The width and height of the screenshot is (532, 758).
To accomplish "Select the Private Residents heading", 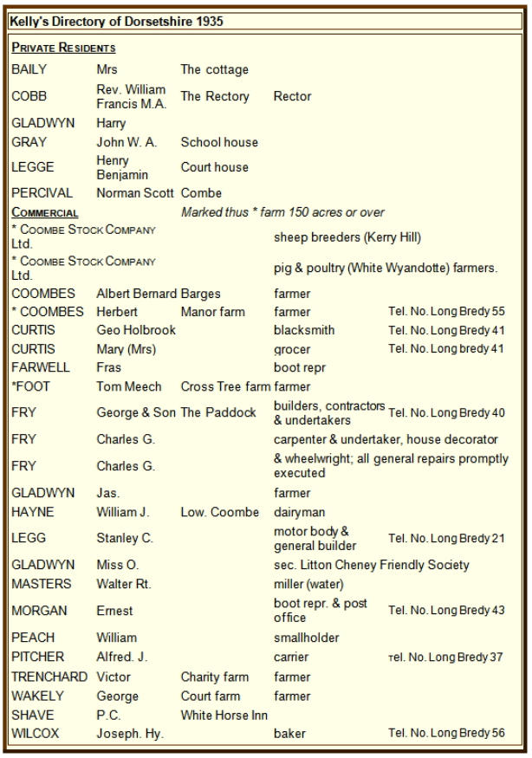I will tap(63, 48).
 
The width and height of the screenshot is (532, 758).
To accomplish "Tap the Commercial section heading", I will tap(44, 212).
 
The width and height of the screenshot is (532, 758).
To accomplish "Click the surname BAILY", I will tap(29, 69).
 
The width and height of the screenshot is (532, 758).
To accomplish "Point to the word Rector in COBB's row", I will tap(292, 96).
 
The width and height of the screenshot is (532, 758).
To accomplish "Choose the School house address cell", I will tap(219, 142).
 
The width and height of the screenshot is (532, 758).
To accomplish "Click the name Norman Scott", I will tap(135, 193).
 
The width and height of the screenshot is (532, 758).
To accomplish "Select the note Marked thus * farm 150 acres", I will tap(283, 212).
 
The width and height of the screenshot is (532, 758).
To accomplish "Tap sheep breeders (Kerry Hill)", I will tap(347, 236).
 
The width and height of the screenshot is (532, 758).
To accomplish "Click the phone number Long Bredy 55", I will tap(446, 311).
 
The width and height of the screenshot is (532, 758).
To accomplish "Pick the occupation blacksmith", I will tap(304, 330).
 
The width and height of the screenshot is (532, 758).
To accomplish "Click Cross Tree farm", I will tap(225, 386).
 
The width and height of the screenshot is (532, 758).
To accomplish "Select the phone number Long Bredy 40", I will tap(446, 412).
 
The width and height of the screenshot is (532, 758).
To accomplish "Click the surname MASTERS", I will tap(42, 584).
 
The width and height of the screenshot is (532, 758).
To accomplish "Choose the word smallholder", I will tap(306, 638).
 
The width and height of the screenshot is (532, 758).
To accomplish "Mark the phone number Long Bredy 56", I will tap(446, 734).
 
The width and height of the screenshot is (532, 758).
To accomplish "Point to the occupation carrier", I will tap(291, 657).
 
